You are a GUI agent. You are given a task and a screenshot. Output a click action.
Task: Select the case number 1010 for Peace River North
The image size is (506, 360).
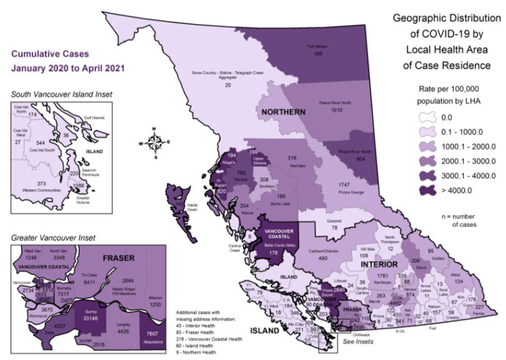337,110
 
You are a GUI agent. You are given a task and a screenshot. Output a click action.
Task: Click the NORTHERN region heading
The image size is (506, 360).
283,112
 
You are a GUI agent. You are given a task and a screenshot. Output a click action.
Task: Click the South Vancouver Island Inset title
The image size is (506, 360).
62,95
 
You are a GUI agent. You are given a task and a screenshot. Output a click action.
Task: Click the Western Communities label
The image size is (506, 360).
42,191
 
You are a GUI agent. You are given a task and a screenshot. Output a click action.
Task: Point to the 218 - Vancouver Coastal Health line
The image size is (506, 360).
209,339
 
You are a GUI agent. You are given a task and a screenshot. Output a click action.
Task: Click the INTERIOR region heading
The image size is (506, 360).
379,264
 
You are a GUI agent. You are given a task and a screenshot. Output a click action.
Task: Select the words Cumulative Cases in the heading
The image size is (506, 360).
50,53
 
